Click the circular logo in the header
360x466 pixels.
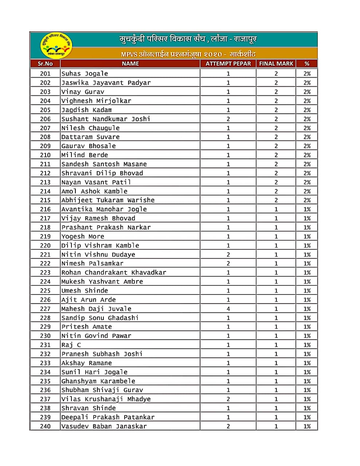(x=56, y=46)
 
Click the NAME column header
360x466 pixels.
(x=130, y=64)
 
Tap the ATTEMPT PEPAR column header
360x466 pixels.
(x=228, y=64)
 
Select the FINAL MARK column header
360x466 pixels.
(x=276, y=64)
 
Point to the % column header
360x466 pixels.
(x=307, y=64)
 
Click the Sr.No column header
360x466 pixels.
(x=45, y=64)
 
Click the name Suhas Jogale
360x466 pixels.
(x=85, y=74)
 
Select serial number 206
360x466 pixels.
(x=45, y=119)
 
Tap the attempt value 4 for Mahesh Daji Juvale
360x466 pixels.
(x=228, y=309)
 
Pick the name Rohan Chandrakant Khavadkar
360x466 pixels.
(x=114, y=273)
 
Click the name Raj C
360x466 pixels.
(x=71, y=345)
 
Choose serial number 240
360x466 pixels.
(x=45, y=426)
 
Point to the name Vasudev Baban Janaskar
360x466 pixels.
(x=104, y=426)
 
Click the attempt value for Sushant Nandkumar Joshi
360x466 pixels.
(x=228, y=119)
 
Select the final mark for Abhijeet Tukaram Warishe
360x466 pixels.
(x=276, y=200)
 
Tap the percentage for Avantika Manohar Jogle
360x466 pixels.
(x=307, y=209)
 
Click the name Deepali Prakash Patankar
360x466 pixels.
(x=108, y=417)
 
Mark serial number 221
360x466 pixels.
(x=45, y=254)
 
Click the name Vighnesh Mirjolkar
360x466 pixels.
(x=96, y=101)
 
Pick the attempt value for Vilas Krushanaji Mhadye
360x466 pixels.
(x=228, y=399)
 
